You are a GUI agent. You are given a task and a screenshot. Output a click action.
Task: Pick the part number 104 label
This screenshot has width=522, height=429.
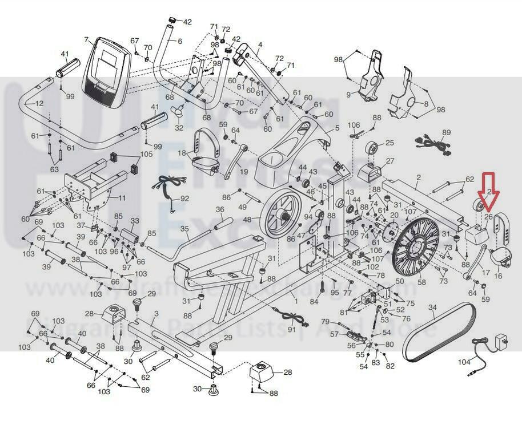click(x=464, y=362)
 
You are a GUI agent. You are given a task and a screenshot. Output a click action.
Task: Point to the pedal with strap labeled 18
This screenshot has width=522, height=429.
click(x=203, y=153)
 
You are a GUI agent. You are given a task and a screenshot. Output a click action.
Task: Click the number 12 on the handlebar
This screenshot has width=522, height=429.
click(x=39, y=104)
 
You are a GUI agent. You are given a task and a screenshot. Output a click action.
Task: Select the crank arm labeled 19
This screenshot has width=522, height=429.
click(x=234, y=163)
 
